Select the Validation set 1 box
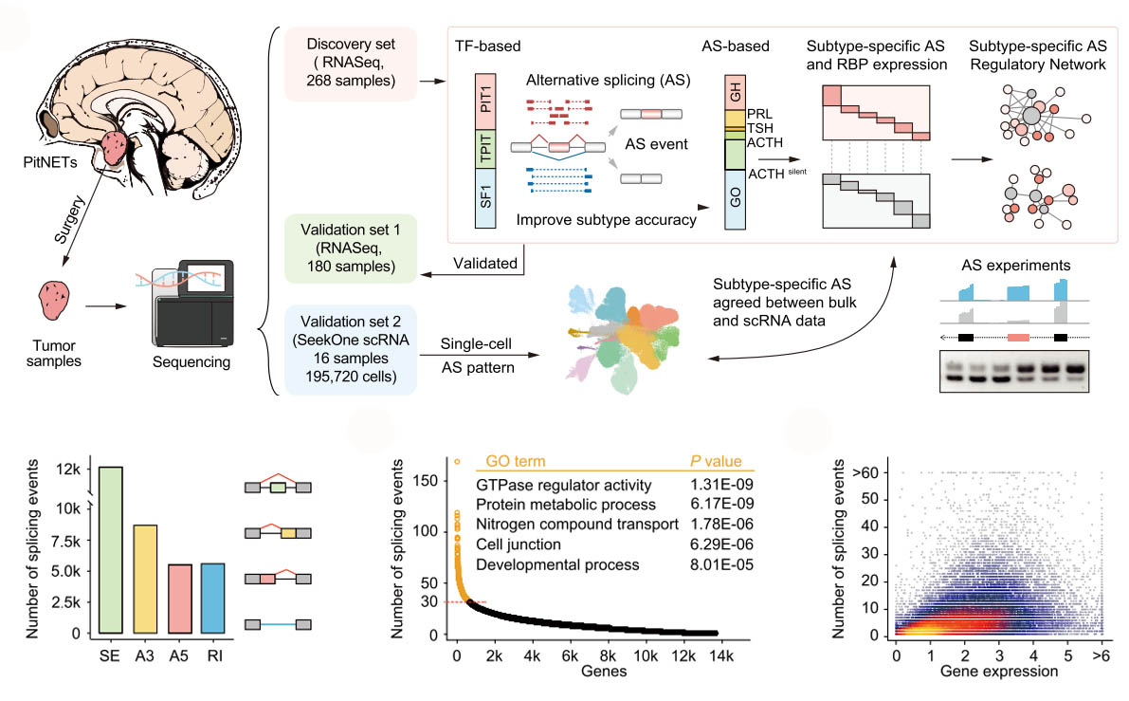352,248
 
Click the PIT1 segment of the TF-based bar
484,108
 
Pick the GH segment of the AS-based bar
736,94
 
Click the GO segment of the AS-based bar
736,200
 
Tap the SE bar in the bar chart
110,550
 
